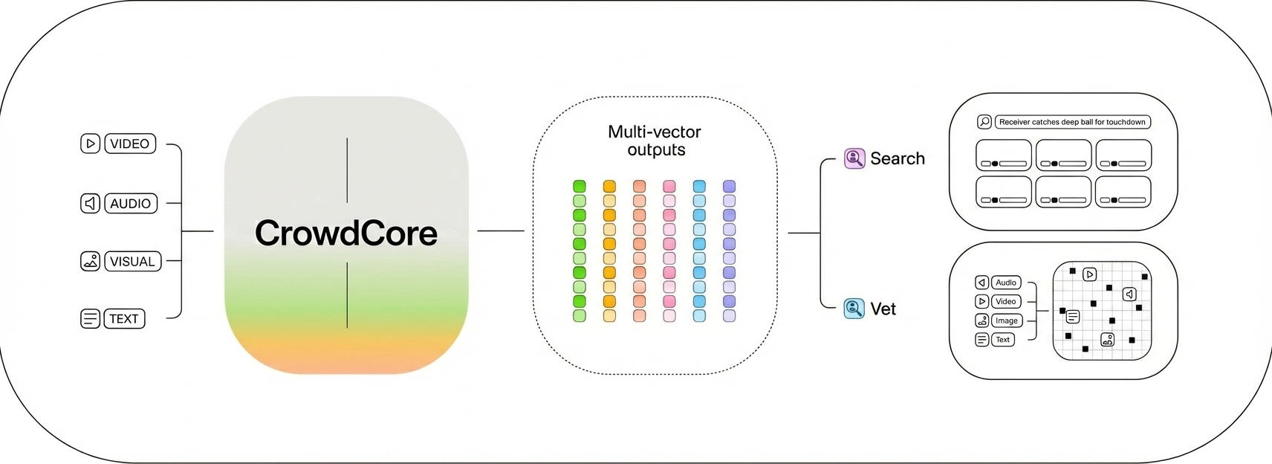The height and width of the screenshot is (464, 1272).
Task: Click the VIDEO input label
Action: (x=130, y=144)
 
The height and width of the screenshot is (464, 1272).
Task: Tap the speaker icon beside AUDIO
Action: (x=90, y=203)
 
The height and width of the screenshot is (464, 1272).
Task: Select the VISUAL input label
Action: (x=132, y=262)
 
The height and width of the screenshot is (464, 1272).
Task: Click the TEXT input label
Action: (x=124, y=319)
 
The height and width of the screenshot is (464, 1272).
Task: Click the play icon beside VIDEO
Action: (x=90, y=144)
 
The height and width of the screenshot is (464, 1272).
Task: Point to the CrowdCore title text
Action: (x=346, y=233)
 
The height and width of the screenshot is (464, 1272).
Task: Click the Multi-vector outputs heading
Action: (x=655, y=141)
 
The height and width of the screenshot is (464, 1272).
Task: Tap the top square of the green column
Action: (x=580, y=186)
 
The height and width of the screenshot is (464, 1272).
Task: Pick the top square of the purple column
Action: (x=729, y=186)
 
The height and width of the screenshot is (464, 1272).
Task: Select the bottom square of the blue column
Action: (x=699, y=315)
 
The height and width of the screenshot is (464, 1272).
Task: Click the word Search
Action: (x=898, y=158)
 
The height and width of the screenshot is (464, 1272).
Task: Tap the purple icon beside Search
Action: (x=854, y=158)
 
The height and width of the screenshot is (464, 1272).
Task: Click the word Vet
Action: (x=883, y=309)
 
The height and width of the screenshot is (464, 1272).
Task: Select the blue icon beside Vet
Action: (x=854, y=309)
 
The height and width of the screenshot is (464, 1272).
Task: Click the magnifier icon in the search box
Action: (x=984, y=122)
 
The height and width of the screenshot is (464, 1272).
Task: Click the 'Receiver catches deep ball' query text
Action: (x=1072, y=122)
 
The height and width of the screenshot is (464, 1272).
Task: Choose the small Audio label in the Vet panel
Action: (x=1006, y=283)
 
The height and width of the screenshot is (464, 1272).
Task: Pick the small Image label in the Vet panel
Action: (x=1006, y=320)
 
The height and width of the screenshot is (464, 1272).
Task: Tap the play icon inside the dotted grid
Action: (x=1089, y=274)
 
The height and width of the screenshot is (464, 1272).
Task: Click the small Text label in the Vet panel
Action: (x=1002, y=340)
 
